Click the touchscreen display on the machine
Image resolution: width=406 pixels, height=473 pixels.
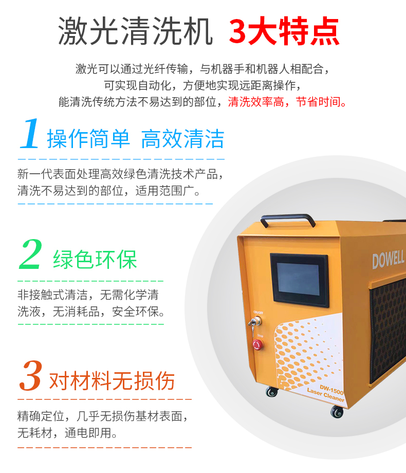[x=299, y=280]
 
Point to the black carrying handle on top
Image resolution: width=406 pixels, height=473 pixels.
[x=288, y=220]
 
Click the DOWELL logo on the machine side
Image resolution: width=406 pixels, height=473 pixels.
[x=388, y=260]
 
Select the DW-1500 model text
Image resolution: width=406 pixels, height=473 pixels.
[x=331, y=390]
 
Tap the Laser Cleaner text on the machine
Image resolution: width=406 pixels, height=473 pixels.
[x=325, y=395]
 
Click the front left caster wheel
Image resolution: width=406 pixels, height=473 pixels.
[x=272, y=391]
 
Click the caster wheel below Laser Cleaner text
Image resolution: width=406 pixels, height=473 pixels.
[x=337, y=411]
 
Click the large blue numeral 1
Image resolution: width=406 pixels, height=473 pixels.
[x=30, y=133]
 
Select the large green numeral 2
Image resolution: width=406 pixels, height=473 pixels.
[x=31, y=254]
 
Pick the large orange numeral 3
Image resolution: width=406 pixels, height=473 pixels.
[x=30, y=375]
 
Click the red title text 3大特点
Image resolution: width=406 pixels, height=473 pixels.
[x=284, y=31]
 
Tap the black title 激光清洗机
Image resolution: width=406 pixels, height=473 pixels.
[x=136, y=31]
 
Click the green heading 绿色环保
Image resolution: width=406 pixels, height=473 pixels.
[x=95, y=260]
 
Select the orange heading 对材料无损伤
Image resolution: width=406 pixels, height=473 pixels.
[x=112, y=380]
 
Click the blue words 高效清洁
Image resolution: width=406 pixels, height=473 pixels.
[x=183, y=139]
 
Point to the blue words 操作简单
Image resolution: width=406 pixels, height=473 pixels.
[x=88, y=139]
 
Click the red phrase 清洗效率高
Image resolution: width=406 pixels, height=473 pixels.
[x=256, y=102]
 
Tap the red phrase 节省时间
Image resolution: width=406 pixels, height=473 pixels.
[x=318, y=102]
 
